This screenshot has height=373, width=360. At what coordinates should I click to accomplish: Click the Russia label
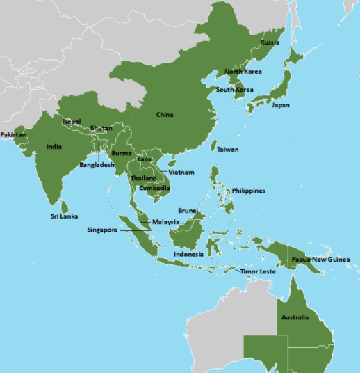click(x=270, y=42)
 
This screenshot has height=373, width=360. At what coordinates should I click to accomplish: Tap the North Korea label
click(x=243, y=72)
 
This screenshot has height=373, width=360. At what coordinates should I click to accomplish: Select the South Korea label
click(x=234, y=90)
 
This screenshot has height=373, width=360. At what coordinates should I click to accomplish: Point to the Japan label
click(x=281, y=105)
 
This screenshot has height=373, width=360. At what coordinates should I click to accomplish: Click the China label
click(x=165, y=114)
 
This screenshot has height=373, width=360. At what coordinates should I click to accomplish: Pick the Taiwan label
click(x=227, y=150)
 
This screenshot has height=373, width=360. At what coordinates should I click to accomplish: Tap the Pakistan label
click(x=13, y=134)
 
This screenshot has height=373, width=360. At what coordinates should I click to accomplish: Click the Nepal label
click(x=72, y=122)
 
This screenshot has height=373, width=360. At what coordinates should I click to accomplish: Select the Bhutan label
click(x=101, y=128)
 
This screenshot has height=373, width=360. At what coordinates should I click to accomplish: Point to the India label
click(x=54, y=147)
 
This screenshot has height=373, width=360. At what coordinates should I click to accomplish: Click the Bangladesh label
click(x=97, y=166)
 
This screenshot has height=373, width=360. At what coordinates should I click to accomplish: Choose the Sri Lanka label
click(x=63, y=216)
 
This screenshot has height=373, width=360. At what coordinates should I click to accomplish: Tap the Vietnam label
click(x=181, y=172)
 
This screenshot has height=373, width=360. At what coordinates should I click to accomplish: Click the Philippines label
click(x=248, y=191)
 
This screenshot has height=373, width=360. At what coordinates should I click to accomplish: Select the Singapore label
click(x=102, y=230)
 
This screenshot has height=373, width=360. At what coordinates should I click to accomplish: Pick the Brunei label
click(x=188, y=209)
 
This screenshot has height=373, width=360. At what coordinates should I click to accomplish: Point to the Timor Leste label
click(x=258, y=271)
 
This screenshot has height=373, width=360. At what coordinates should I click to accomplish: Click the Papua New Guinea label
click(x=320, y=260)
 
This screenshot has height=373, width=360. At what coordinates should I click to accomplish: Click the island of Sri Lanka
click(x=65, y=206)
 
